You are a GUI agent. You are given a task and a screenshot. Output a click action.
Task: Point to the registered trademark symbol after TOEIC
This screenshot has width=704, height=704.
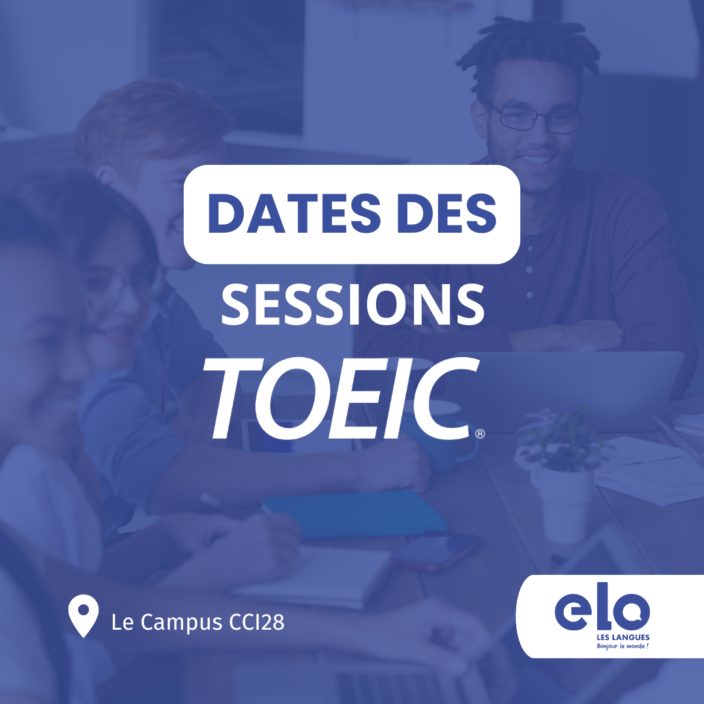click(480, 433)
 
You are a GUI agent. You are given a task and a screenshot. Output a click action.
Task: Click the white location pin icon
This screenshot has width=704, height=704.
click(83, 619)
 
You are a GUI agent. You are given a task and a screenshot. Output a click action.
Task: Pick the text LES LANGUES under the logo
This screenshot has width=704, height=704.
click(623, 638)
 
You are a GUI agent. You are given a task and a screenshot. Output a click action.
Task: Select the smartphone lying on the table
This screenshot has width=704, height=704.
click(437, 551)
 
